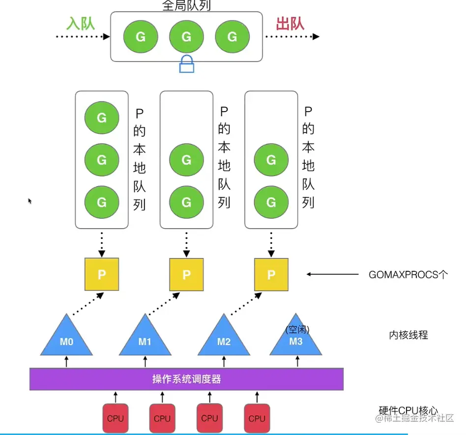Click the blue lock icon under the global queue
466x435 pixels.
[x=187, y=64]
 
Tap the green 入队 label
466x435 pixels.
[x=81, y=23]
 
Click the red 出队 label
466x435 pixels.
[x=290, y=23]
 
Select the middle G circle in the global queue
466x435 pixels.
[x=186, y=37]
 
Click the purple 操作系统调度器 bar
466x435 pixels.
[x=186, y=379]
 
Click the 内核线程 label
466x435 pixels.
[x=408, y=335]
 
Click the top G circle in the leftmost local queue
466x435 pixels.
[x=102, y=118]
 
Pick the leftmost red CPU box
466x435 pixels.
[x=116, y=418]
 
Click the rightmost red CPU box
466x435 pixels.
[x=257, y=418]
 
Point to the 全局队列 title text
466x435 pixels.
[x=186, y=6]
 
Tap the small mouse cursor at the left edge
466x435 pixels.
[x=30, y=201]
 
